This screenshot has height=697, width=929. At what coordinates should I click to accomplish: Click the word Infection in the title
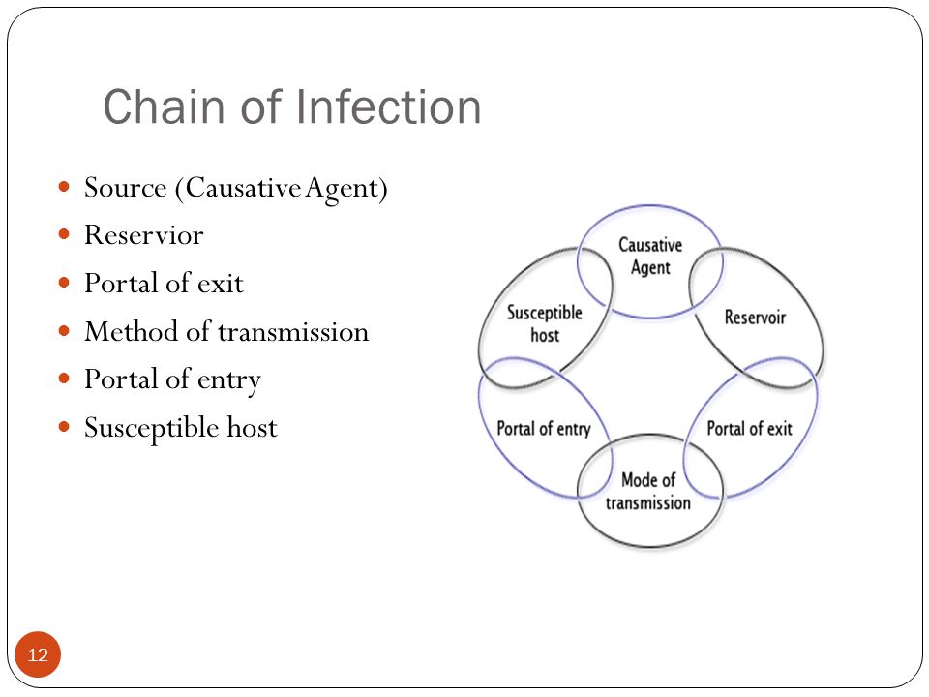point(387,106)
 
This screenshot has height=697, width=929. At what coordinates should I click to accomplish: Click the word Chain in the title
point(163,106)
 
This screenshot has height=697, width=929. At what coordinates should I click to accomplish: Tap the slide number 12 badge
point(38,654)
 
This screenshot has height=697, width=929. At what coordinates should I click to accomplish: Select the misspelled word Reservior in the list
point(144,235)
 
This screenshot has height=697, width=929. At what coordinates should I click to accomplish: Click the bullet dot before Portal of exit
point(65,282)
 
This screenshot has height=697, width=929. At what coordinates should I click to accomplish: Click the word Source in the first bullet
point(126,188)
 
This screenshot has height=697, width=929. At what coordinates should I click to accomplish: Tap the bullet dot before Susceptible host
point(65,426)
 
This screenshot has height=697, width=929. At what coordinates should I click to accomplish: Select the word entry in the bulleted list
point(229,381)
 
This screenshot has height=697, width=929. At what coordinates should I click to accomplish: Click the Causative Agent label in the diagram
point(650,256)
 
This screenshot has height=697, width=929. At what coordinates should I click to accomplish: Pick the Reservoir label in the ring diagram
point(755,318)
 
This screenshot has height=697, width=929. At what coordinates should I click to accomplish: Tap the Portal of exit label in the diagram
point(749,428)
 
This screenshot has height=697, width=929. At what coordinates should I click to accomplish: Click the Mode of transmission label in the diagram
point(648,492)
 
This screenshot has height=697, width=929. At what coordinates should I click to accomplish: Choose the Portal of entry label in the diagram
point(544,429)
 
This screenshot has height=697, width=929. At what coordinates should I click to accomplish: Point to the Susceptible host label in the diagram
point(545,323)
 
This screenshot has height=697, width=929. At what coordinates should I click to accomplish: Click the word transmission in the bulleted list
point(293,332)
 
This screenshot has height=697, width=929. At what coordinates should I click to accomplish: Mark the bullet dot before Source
point(65,187)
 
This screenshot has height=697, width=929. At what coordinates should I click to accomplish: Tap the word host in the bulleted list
point(252,427)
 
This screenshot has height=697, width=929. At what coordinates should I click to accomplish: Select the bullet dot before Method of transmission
point(65,331)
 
